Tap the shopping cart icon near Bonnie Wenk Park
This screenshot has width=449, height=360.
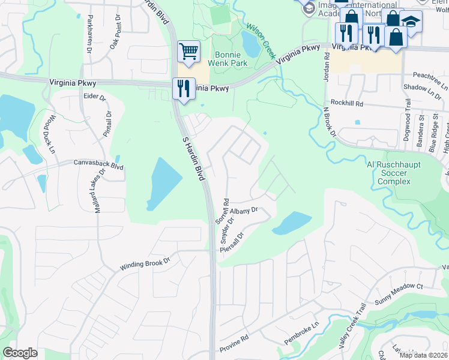(x=188, y=51)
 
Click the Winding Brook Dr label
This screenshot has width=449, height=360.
(x=145, y=262)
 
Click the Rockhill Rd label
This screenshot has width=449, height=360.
(x=351, y=103)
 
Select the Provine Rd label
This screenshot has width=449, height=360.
(x=235, y=343)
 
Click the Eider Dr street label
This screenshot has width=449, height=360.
(x=94, y=97)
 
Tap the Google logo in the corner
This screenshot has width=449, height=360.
(x=20, y=353)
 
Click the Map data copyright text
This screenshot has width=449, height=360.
(x=423, y=355)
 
